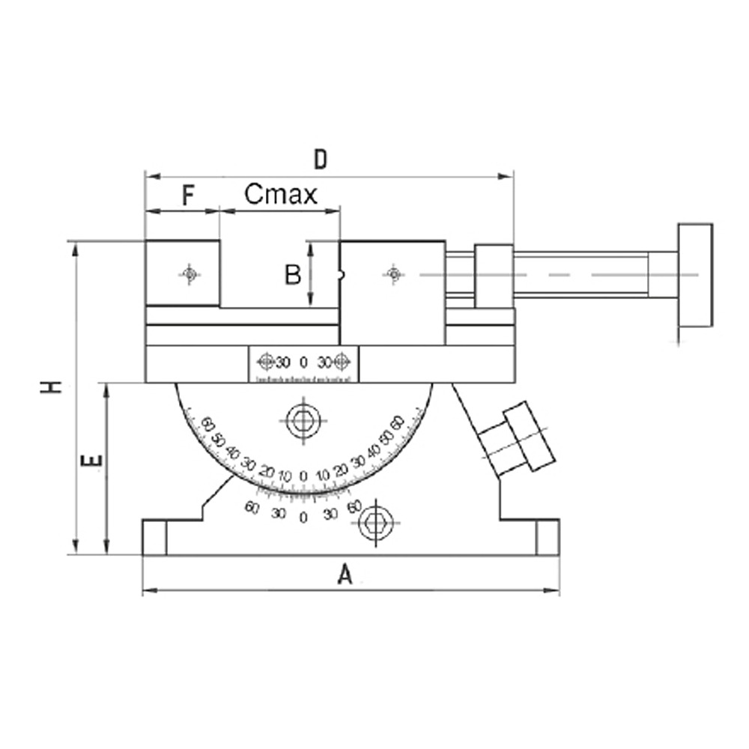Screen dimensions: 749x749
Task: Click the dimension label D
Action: (x=321, y=160)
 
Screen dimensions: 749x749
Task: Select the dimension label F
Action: (x=188, y=196)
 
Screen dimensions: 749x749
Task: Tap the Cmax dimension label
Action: (x=281, y=195)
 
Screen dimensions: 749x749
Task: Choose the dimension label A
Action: (x=344, y=575)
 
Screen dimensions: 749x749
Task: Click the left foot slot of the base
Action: (x=154, y=537)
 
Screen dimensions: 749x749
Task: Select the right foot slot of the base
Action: (x=548, y=537)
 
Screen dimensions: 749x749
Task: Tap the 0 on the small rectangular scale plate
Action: (x=303, y=363)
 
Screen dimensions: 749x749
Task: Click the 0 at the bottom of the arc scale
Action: (x=303, y=476)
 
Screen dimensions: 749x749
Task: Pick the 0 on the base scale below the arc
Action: (x=303, y=518)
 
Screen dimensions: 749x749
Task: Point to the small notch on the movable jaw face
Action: (x=342, y=275)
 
